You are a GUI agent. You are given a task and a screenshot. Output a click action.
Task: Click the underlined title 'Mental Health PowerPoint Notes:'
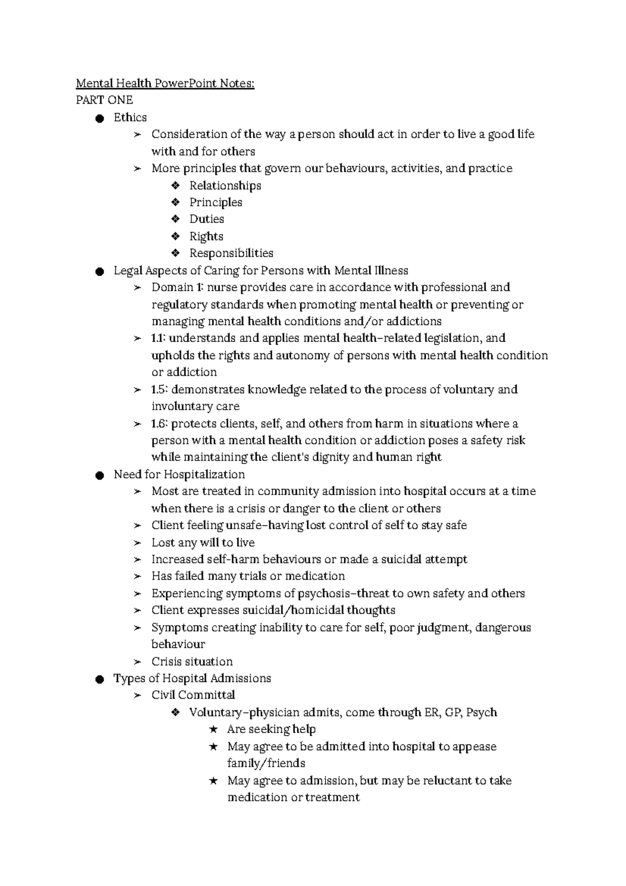(165, 83)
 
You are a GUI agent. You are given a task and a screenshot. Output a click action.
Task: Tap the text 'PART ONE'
(104, 100)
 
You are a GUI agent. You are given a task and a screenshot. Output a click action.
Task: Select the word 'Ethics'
(130, 117)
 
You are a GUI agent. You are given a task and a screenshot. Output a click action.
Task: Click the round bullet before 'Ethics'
(100, 118)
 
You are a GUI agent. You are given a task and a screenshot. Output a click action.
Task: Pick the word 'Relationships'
(225, 186)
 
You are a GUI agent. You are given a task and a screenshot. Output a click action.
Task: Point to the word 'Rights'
(206, 236)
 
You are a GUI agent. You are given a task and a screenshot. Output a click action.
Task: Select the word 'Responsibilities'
(231, 254)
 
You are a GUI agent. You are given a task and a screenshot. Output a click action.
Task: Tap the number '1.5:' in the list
(160, 390)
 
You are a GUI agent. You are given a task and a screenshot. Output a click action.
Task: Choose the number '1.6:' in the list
(160, 424)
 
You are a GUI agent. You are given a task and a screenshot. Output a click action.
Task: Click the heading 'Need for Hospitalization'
(179, 475)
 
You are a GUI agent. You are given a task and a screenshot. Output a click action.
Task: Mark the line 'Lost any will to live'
(203, 543)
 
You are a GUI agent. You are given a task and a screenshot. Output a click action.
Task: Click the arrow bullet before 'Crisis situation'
(137, 662)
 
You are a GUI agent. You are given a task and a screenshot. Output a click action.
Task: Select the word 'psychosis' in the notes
(323, 594)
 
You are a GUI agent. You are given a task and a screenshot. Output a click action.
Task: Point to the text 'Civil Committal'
(193, 696)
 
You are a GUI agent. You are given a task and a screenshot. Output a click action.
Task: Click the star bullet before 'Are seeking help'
(213, 730)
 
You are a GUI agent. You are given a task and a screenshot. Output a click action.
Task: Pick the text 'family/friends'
(266, 763)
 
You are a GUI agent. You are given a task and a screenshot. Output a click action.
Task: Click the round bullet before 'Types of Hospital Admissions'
(100, 679)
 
